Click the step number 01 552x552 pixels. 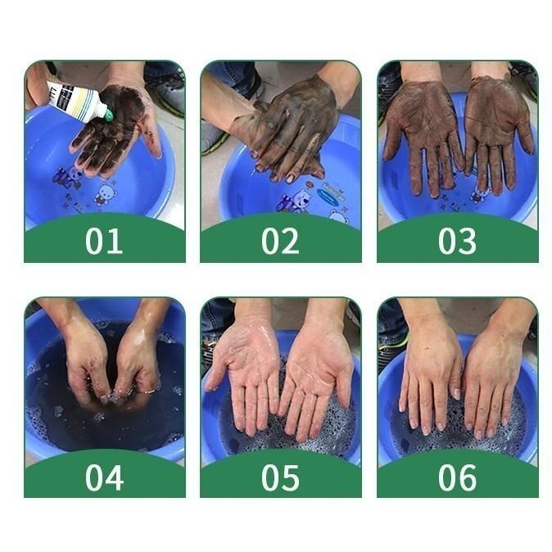[x=104, y=241]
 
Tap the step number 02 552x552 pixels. [x=280, y=241]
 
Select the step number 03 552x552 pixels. [x=457, y=241]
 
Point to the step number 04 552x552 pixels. [x=104, y=477]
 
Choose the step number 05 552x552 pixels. [x=280, y=477]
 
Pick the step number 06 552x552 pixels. [x=457, y=477]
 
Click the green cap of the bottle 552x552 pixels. [x=109, y=115]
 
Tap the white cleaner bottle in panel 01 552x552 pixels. [x=78, y=101]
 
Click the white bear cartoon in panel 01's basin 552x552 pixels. [x=105, y=193]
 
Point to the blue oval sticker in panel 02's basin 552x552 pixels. [x=329, y=195]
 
